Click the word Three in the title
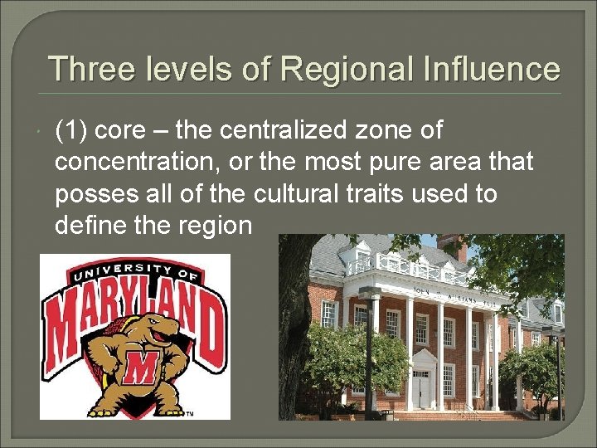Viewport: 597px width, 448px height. coord(92,68)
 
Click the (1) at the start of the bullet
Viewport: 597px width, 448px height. coord(73,130)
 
